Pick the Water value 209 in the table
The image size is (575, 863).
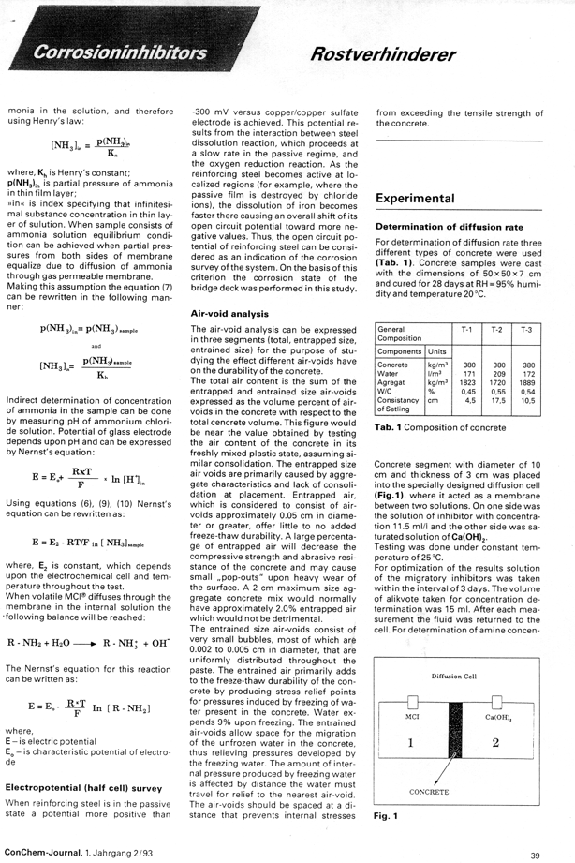(498, 374)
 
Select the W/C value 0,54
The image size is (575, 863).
(527, 392)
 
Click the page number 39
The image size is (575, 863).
(535, 855)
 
